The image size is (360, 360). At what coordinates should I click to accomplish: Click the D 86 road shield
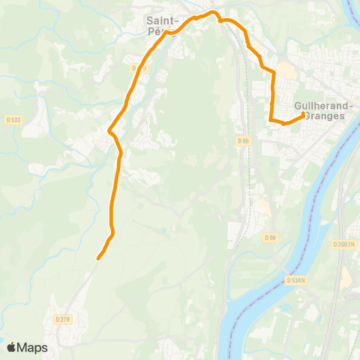[241, 140]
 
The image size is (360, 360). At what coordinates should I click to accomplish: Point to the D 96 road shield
[271, 237]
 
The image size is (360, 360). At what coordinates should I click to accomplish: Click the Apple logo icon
[11, 347]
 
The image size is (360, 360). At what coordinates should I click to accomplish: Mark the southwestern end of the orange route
[98, 259]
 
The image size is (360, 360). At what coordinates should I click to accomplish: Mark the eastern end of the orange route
[302, 115]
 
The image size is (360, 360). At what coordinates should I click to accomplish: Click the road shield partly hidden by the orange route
[138, 68]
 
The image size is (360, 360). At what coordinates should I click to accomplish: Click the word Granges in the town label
[325, 116]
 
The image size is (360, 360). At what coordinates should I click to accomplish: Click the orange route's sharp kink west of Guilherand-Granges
[271, 118]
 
